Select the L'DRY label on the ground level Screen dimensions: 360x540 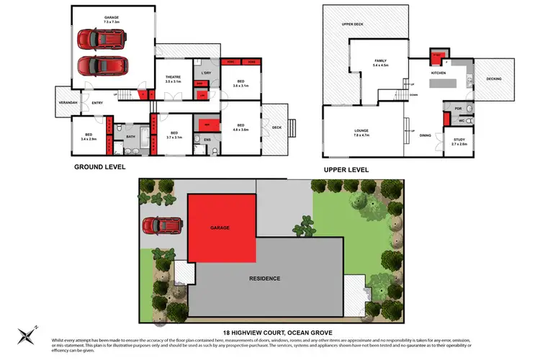205,73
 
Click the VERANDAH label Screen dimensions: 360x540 68,103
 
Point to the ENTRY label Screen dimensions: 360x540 97,103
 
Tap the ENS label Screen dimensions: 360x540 207,139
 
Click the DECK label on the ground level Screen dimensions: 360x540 276,128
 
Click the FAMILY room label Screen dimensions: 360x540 381,61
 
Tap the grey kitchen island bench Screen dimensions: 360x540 445,84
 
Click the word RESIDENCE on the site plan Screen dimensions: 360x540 264,278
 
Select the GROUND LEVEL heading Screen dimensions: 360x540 100,166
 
